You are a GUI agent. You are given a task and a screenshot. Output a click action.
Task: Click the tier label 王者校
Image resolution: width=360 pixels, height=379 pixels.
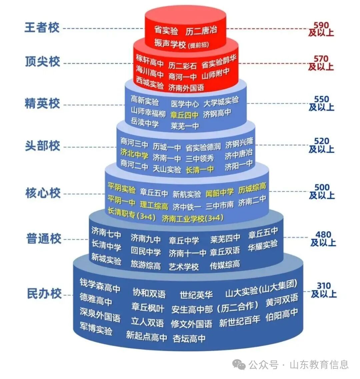click(42, 27)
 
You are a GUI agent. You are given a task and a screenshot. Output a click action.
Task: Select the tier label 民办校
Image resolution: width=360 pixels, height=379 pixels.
click(44, 294)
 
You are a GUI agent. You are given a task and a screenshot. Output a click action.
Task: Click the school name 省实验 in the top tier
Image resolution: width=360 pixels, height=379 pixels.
click(166, 30)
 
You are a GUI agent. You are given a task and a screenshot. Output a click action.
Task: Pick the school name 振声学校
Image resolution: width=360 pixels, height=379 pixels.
click(170, 43)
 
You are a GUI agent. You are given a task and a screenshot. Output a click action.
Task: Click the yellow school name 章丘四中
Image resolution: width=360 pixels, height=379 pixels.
click(184, 115)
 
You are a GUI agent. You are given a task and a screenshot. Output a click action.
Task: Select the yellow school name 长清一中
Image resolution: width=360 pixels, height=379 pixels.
click(200, 170)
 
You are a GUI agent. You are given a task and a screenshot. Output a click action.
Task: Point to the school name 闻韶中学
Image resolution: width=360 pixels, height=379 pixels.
click(220, 193)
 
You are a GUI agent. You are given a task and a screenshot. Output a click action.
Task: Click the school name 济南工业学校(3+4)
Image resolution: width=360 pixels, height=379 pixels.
click(193, 219)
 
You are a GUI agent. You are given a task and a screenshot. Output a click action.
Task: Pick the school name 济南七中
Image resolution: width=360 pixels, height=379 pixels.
click(106, 233)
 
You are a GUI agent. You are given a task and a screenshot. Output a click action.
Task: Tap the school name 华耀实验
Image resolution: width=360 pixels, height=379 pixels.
click(263, 245)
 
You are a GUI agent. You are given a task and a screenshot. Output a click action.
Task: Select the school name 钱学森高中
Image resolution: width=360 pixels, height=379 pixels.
click(100, 286)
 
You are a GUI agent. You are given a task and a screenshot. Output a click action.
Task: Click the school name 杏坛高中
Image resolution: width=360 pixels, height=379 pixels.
click(189, 338)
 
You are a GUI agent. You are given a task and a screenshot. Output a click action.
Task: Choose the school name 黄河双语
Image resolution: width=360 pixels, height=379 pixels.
click(282, 300)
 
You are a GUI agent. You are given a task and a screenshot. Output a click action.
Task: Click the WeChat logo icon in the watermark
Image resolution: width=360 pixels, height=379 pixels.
click(239, 364)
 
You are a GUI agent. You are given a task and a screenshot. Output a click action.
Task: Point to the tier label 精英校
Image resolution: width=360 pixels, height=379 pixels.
click(42, 104)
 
